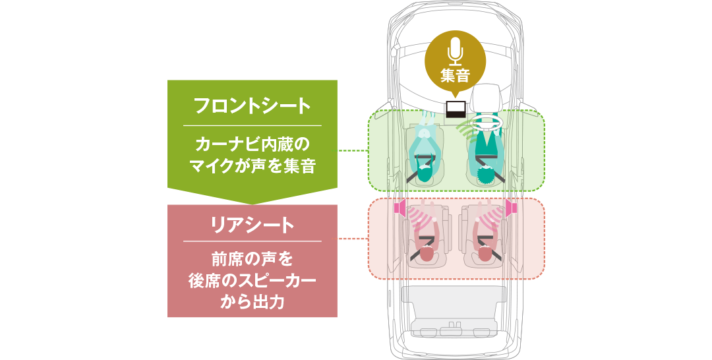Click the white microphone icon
point(454,51)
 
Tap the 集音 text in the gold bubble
point(454,75)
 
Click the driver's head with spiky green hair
point(486,174)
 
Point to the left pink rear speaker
point(401,208)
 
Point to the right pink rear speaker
point(512,208)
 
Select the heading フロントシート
point(252,105)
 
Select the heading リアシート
point(252,225)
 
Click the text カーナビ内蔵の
point(252,145)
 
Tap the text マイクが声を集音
point(252,166)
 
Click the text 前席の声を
point(252,259)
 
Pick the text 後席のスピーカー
point(252,281)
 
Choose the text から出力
point(252,302)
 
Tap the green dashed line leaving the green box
point(352,150)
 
